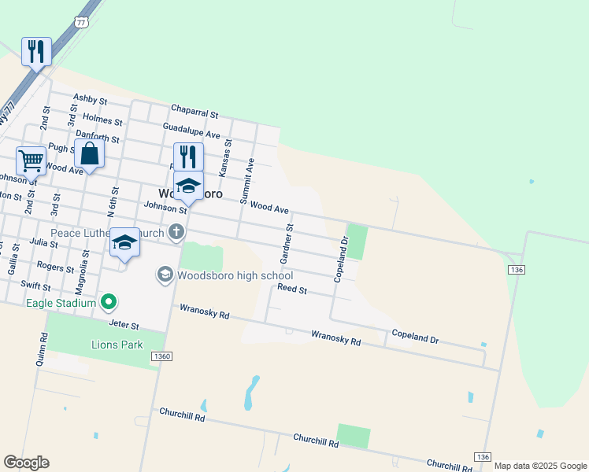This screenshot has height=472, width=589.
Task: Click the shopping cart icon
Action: (31, 160)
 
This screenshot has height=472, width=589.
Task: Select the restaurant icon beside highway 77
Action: (36, 52)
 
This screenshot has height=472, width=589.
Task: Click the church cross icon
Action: (176, 232)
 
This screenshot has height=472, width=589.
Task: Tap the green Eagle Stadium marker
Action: (109, 302)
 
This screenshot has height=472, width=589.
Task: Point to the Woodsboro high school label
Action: (235, 275)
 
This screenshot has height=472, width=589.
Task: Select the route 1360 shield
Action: (162, 357)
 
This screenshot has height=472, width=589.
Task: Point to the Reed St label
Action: (291, 290)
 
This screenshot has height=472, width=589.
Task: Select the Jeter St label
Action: (124, 324)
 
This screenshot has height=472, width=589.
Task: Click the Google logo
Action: (26, 463)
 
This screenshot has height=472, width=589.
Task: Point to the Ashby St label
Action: (90, 99)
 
